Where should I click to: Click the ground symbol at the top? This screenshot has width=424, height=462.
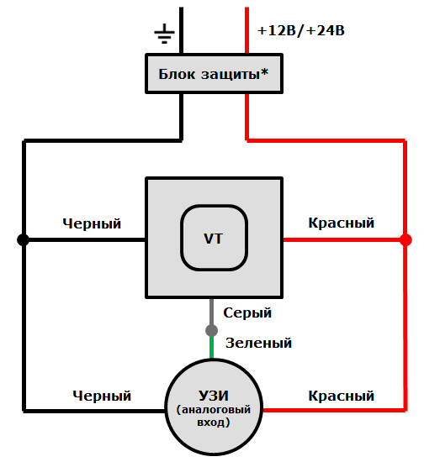tap(164, 34)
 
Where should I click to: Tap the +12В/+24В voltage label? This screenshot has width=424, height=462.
tap(301, 31)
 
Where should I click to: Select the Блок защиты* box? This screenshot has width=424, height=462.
tap(213, 74)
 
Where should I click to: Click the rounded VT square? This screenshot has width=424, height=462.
tap(214, 238)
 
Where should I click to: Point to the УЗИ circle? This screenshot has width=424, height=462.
tap(213, 405)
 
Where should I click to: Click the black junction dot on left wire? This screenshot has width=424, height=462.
tap(24, 239)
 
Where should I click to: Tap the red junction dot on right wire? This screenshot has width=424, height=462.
tap(405, 239)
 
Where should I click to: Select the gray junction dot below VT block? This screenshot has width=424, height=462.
tap(212, 329)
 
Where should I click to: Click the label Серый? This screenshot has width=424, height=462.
tap(247, 312)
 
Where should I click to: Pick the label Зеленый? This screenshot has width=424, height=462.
tap(258, 343)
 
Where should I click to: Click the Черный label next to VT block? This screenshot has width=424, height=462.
tap(92, 223)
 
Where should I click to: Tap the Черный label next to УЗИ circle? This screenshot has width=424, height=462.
tap(102, 395)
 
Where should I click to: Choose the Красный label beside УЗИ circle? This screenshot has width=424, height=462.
tap(341, 395)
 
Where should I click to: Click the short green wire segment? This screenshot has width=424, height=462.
tap(212, 347)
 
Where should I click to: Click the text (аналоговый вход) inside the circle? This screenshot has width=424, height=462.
tap(213, 417)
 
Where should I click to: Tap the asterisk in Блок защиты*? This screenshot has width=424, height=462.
tap(264, 72)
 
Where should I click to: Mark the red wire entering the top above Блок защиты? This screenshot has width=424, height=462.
tap(246, 29)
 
